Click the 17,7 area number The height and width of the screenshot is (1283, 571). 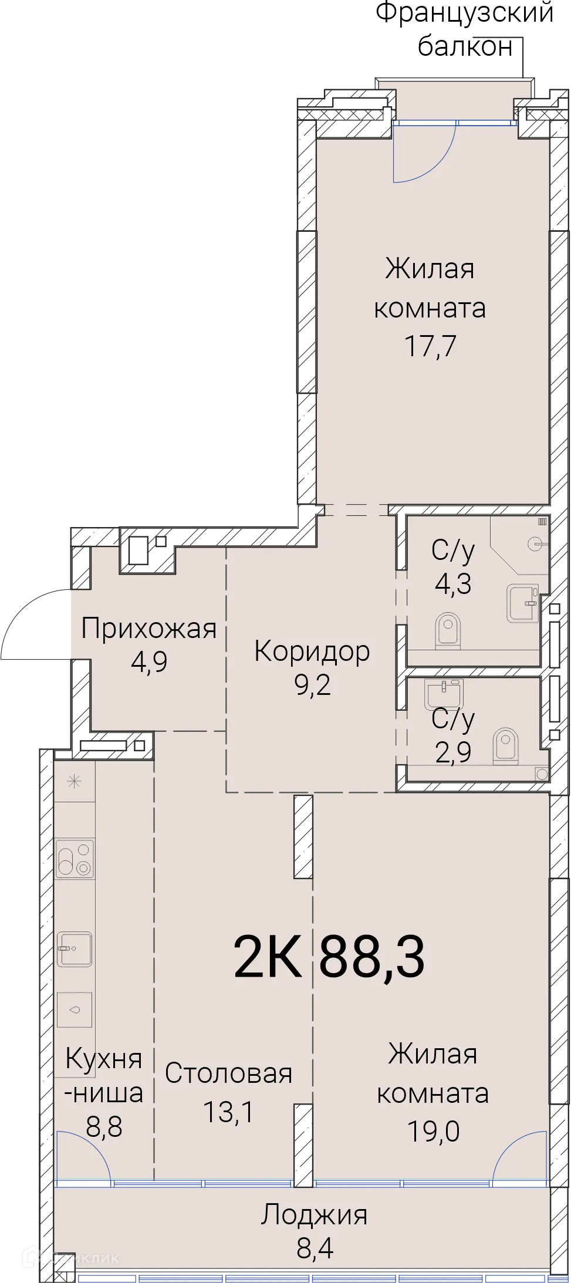click(x=430, y=346)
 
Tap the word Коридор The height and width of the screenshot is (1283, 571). click(x=312, y=651)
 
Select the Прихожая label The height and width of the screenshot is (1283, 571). click(x=148, y=629)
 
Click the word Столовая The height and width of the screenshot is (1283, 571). click(x=228, y=1073)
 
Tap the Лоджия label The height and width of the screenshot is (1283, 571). click(x=314, y=1216)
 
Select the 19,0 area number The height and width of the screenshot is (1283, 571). click(x=433, y=1131)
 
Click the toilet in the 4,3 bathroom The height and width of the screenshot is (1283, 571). click(x=449, y=629)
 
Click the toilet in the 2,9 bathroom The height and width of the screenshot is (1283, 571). click(x=505, y=745)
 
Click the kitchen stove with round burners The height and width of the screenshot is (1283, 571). click(x=75, y=859)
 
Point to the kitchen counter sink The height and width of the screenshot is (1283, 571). click(x=75, y=949)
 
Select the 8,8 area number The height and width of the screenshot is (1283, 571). click(x=104, y=1127)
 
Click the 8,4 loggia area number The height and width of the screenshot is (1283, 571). click(x=315, y=1248)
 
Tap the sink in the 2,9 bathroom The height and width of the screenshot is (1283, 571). click(x=445, y=694)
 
